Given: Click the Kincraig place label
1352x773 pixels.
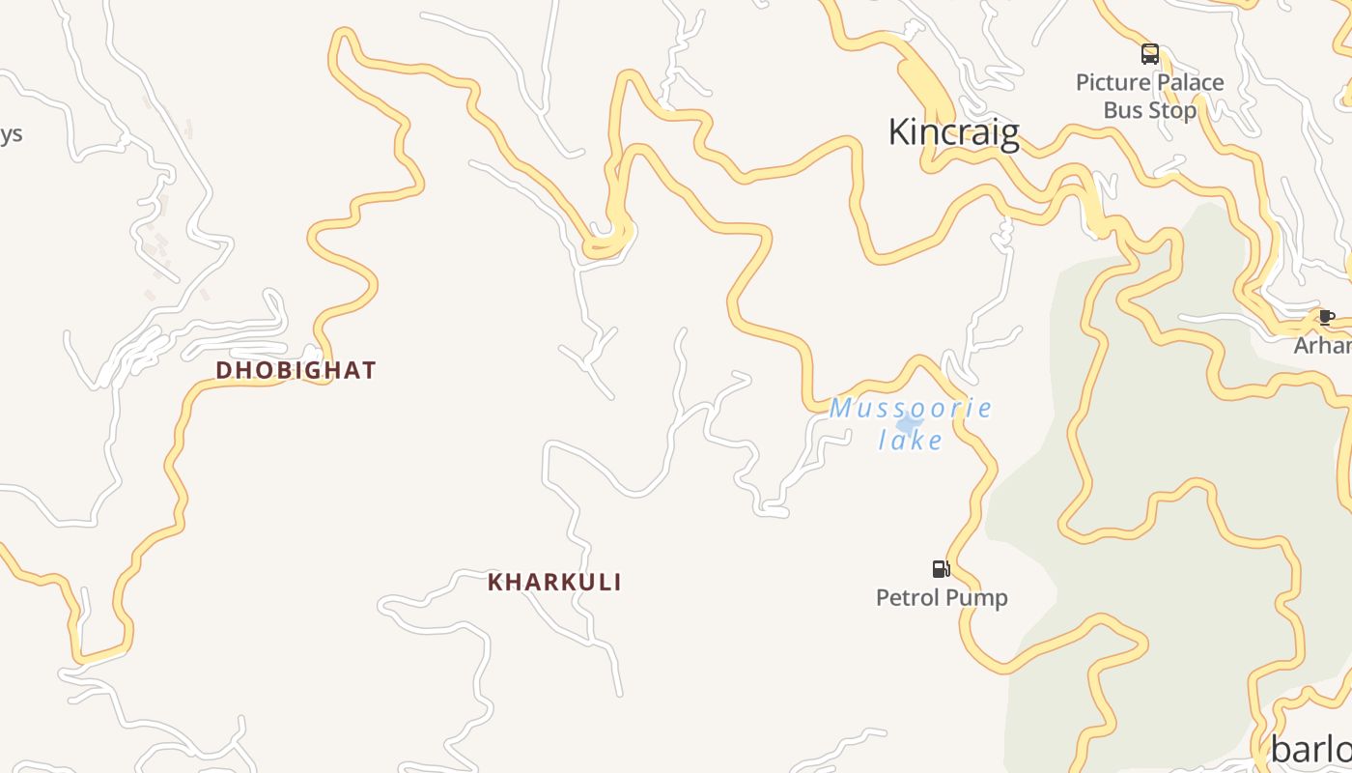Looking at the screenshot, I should (953, 132).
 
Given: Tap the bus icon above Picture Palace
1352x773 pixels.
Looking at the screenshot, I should (1149, 53).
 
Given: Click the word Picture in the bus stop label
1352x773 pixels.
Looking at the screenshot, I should (1111, 82).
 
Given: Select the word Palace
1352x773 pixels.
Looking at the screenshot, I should (1188, 82).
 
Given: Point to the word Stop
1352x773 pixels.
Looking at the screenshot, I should (1174, 110).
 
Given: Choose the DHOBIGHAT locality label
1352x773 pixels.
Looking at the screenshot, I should (296, 370).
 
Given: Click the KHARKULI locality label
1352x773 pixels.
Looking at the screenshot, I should (554, 583).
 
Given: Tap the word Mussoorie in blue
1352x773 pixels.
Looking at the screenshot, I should (911, 408).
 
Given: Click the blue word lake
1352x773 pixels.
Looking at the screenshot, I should (911, 441).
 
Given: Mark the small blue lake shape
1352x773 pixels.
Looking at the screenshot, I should (909, 423).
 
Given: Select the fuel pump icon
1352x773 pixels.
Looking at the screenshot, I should (941, 568).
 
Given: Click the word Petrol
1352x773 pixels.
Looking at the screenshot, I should (908, 598).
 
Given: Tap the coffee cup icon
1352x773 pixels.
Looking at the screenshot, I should (1327, 317).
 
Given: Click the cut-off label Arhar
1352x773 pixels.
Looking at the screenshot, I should (1323, 345).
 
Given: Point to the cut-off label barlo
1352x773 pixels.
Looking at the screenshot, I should (1311, 749).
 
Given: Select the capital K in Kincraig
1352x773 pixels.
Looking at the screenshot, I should (898, 132).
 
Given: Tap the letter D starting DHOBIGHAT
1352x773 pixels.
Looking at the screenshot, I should (223, 370).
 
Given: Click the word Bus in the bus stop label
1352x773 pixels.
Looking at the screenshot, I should (1122, 110).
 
